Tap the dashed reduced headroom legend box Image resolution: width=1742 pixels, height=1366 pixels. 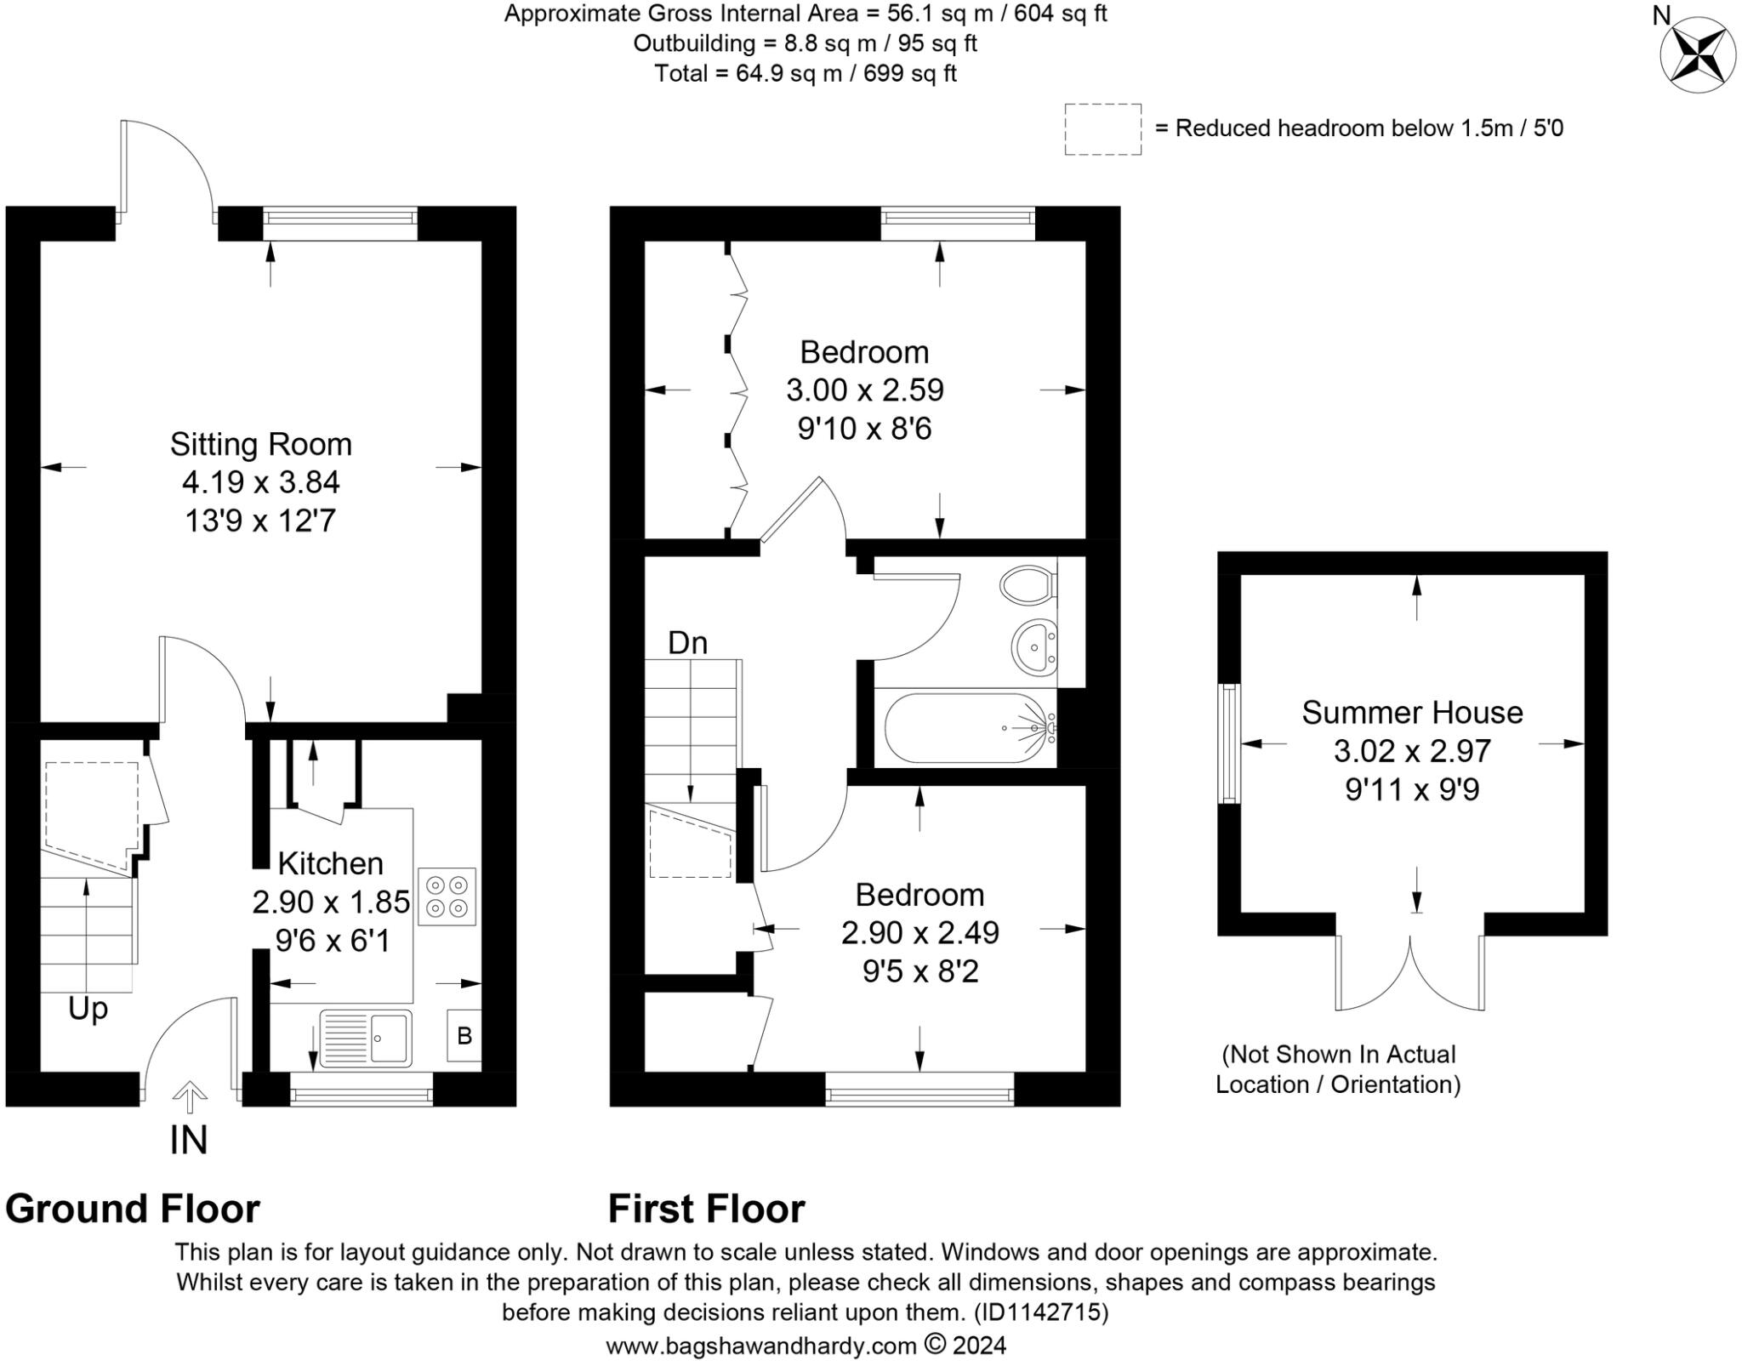click(1102, 129)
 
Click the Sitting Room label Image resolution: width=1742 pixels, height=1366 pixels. click(260, 444)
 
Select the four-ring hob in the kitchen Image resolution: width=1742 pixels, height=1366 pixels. click(447, 896)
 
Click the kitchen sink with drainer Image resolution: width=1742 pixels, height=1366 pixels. click(366, 1037)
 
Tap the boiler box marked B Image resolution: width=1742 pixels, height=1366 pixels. click(464, 1035)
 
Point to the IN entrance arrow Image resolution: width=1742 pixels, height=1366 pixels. click(189, 1096)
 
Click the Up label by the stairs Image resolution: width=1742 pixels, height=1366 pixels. click(88, 1009)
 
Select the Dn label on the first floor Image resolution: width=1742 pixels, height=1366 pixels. click(687, 643)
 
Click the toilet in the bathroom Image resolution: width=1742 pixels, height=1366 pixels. click(1028, 585)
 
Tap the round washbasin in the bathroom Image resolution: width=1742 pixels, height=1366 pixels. click(1033, 646)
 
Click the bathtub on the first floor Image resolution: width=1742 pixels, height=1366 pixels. click(968, 729)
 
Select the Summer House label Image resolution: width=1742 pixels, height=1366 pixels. click(1412, 713)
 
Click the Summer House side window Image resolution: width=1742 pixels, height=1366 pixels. click(1229, 743)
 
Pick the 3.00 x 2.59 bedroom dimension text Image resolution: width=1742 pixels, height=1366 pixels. click(864, 390)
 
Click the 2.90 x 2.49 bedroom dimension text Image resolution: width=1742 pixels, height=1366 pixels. click(919, 933)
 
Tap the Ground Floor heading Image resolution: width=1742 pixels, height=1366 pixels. click(133, 1209)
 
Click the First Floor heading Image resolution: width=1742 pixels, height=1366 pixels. click(706, 1209)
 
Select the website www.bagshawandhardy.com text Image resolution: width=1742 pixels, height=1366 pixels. click(760, 1346)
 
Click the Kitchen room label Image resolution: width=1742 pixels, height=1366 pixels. click(330, 863)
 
